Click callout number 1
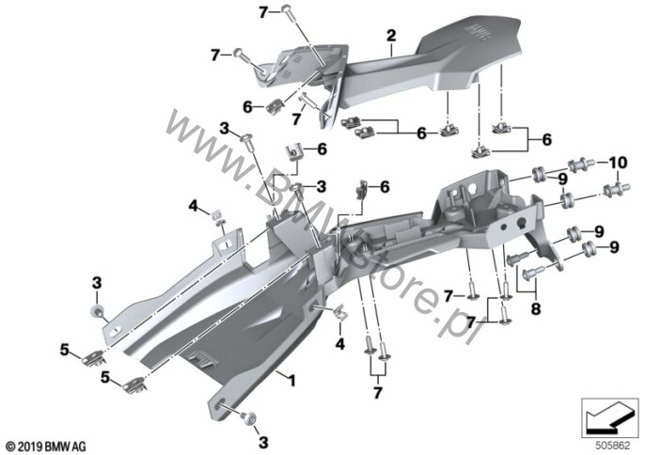(x=291, y=381)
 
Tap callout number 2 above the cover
(x=391, y=36)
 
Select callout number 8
(x=536, y=308)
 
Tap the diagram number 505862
(x=612, y=446)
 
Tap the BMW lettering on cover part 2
(x=478, y=31)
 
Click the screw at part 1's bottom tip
(x=249, y=418)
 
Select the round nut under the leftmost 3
(x=97, y=310)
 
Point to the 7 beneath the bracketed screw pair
(x=378, y=392)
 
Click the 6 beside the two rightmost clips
(x=546, y=139)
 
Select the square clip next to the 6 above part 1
(x=293, y=151)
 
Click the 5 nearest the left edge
(x=64, y=350)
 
